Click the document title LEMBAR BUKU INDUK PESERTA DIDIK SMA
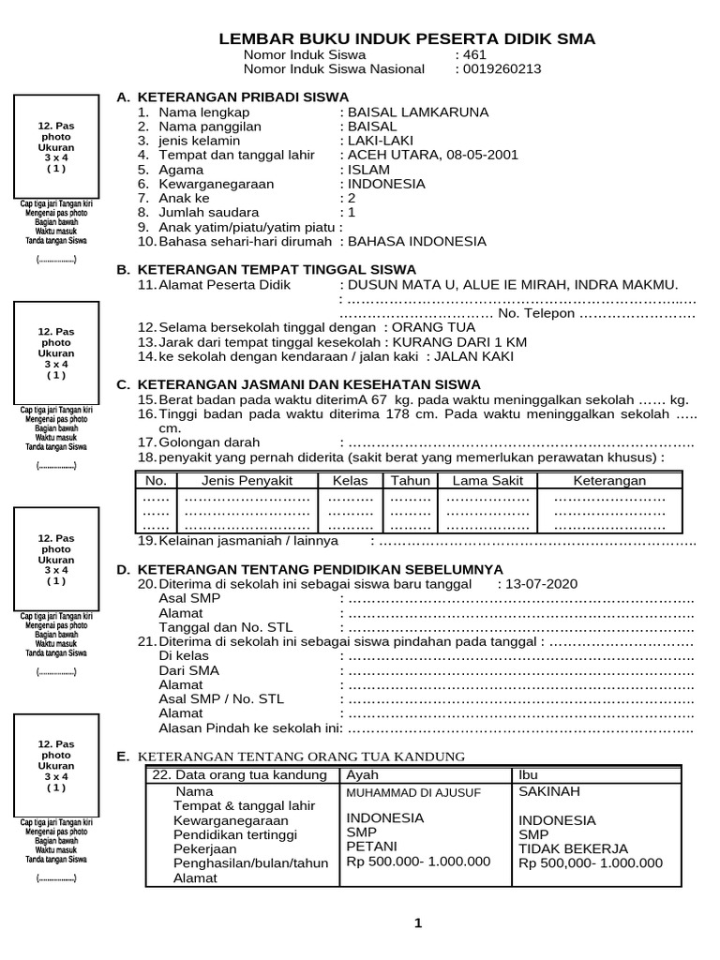[406, 38]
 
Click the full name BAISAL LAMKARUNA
[417, 112]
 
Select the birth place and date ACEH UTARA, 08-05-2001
[432, 155]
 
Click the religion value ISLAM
[371, 170]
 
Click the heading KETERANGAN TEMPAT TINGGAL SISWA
[277, 269]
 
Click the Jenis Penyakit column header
[247, 481]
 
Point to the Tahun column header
[410, 481]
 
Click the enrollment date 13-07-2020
[542, 583]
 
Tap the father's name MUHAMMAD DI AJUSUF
[413, 793]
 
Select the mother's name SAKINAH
[549, 791]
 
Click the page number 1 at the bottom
[418, 923]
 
